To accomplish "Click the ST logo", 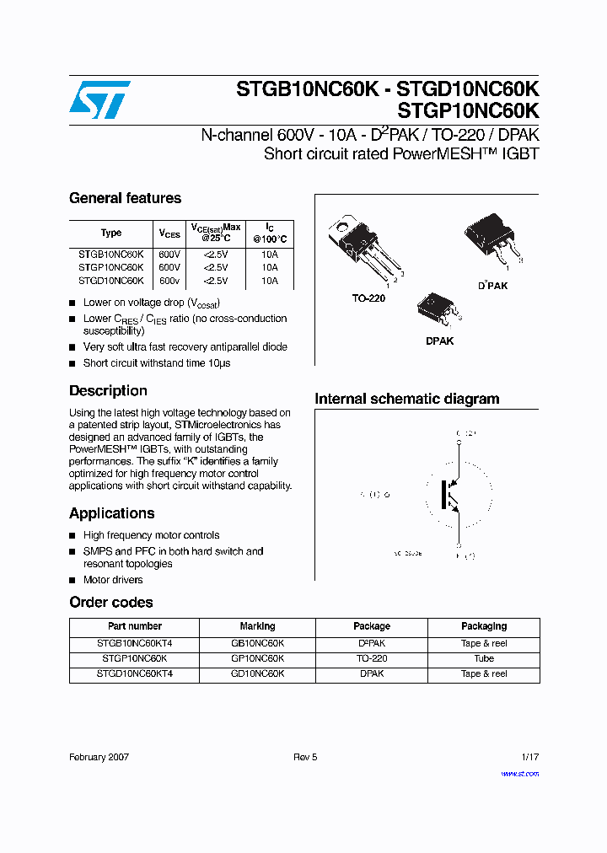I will point(100,100).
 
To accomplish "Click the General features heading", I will point(125,198).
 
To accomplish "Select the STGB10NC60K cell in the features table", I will point(110,254).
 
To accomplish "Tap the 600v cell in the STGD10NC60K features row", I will point(169,281).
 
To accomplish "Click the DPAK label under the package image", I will point(439,341).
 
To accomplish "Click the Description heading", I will point(108,391).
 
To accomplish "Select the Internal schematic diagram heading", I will point(406,399).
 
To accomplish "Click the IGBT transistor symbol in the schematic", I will point(451,495).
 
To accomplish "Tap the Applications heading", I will point(111,513).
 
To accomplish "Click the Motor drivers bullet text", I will point(113,580).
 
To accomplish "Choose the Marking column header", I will point(257,626).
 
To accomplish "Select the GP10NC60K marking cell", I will point(257,658).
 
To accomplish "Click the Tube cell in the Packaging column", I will point(484,658).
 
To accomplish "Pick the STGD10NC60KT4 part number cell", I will point(134,673).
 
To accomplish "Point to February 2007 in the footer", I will point(99,757).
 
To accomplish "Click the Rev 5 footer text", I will point(305,757).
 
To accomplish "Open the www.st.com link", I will point(519,774).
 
